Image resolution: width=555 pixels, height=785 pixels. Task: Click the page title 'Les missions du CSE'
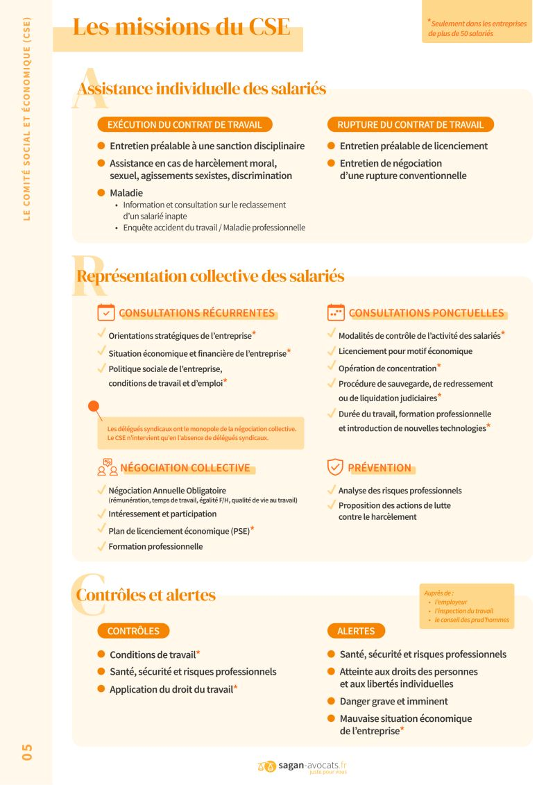pos(182,27)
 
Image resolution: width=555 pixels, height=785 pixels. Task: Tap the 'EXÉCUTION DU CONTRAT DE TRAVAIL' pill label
pos(185,125)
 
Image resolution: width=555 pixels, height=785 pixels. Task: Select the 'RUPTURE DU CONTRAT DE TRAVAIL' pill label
pos(410,125)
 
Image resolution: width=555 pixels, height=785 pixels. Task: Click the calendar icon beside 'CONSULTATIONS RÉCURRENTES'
pos(106,312)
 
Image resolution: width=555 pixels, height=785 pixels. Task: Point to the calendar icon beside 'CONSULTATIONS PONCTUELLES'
pos(336,312)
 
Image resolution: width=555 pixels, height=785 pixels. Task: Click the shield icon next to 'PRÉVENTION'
pos(336,467)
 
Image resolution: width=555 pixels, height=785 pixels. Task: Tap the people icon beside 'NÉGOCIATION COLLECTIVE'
pos(108,467)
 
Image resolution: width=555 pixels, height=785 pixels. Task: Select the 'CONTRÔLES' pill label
pos(133,631)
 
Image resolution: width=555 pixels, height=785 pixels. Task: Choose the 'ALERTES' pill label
pos(356,631)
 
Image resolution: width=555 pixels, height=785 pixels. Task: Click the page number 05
pos(27,752)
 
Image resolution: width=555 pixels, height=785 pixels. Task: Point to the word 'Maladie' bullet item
pos(126,193)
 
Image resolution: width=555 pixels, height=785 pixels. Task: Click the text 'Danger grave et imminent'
pos(393,701)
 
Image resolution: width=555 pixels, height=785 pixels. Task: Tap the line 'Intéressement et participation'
pos(162,514)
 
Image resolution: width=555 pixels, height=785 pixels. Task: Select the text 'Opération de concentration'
pos(387,369)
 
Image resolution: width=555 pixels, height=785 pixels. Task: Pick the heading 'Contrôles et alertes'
pos(146,595)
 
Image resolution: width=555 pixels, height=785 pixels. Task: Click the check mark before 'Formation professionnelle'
pos(102,546)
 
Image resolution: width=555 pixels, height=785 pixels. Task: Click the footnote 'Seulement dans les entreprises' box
pos(477,28)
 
